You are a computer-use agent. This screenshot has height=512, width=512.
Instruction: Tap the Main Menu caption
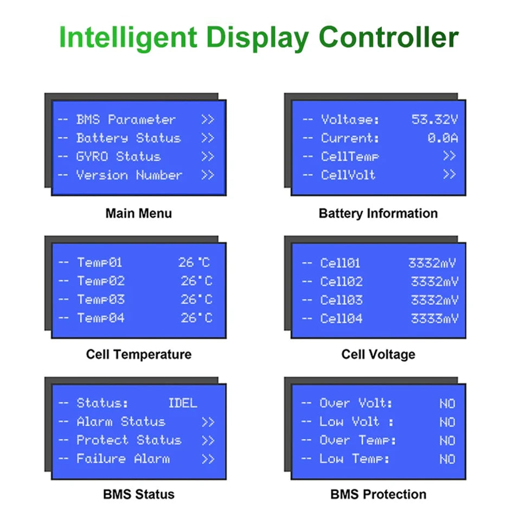pos(138,213)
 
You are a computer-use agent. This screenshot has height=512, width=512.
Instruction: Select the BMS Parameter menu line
pos(126,120)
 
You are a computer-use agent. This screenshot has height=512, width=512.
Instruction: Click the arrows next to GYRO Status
pos(208,157)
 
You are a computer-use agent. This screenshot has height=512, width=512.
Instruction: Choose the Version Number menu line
pos(129,175)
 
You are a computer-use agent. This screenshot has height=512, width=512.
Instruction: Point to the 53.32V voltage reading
pos(434,120)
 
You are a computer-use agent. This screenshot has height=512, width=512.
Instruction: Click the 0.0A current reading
pos(442,138)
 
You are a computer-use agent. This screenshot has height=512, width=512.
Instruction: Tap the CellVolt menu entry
pos(348,175)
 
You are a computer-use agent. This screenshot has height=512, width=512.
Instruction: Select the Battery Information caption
pos(378,213)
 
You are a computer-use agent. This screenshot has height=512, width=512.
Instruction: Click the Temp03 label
pos(100,299)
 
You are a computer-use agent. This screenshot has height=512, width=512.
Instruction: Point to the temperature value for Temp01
pos(194,263)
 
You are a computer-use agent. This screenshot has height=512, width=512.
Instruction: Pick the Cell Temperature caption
pos(138,354)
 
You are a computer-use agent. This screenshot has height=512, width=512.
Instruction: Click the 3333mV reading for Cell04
pos(434,318)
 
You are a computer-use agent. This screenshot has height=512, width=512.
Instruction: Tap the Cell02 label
pos(341,281)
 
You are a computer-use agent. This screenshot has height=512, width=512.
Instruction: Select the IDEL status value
pos(183,403)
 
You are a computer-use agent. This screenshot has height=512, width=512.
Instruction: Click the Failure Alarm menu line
pos(123,459)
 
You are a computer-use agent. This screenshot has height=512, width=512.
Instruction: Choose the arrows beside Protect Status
pos(208,440)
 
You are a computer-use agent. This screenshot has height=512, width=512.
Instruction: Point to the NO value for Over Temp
pos(447,440)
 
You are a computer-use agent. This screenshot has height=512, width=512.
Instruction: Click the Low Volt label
pos(349,422)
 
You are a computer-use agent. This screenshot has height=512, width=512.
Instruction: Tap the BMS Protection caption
pos(378,494)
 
